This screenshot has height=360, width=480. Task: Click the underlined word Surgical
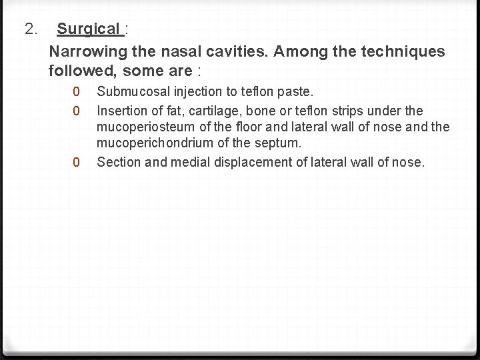pos(88,29)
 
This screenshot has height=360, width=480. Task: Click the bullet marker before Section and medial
pos(77,162)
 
